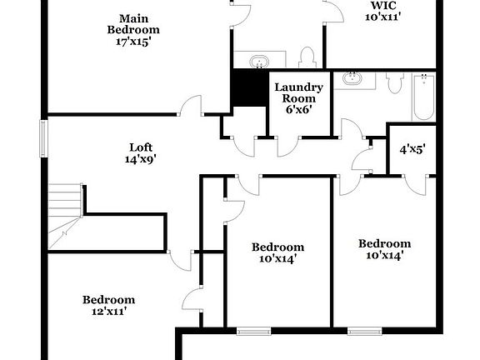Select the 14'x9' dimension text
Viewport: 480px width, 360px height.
pos(140,157)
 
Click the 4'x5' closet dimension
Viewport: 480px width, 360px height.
pos(412,150)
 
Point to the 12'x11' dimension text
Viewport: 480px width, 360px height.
pos(108,312)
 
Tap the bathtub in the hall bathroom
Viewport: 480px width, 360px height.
pos(422,93)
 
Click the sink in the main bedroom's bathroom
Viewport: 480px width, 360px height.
pos(258,61)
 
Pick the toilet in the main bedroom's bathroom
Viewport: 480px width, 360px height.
pos(306,58)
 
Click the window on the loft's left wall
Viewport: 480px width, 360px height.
pos(42,137)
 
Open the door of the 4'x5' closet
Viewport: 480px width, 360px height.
pos(414,185)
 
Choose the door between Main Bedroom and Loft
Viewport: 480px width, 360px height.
pos(192,106)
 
